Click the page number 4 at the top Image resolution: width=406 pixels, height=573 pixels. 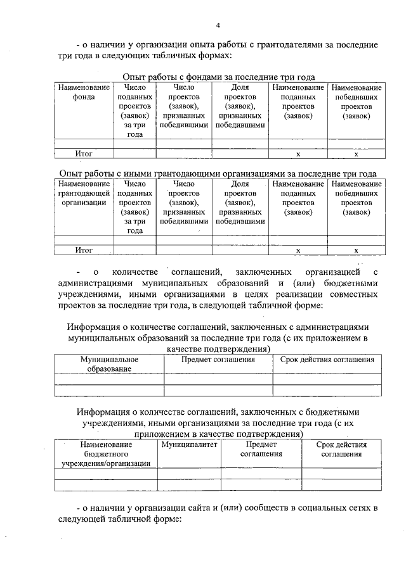(x=218, y=25)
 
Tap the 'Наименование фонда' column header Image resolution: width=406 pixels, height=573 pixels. (x=84, y=92)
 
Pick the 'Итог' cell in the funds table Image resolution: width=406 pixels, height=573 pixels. (x=84, y=153)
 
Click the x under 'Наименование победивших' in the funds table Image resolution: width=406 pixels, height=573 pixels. (x=356, y=154)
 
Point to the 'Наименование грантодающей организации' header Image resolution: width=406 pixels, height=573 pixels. (x=84, y=193)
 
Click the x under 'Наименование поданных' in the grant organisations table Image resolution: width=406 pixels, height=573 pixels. (x=298, y=251)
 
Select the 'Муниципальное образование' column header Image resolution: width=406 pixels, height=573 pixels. (x=109, y=363)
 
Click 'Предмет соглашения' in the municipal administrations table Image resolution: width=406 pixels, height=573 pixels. (x=218, y=360)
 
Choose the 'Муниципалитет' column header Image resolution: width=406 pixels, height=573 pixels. (x=189, y=445)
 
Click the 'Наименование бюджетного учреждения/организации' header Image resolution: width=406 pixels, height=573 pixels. (x=106, y=454)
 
